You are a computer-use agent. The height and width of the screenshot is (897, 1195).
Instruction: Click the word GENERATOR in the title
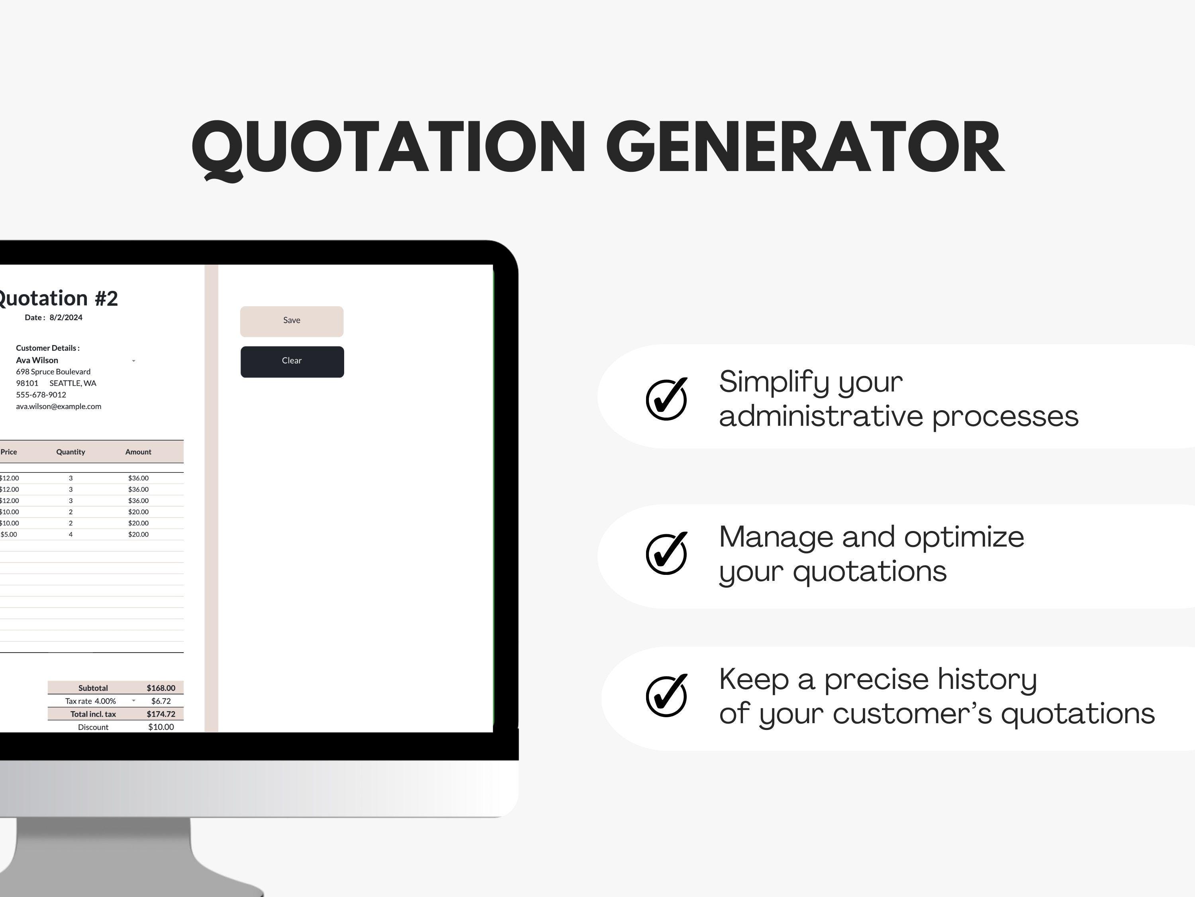805,147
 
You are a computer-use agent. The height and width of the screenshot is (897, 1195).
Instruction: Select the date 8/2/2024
66,317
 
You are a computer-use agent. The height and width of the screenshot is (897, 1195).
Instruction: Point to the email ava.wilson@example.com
58,406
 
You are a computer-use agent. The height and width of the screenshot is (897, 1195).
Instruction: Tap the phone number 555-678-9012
41,395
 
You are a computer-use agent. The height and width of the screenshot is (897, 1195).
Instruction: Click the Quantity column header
71,452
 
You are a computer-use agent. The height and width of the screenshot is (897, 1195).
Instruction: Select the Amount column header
138,452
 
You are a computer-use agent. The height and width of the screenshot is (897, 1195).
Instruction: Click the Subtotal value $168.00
161,688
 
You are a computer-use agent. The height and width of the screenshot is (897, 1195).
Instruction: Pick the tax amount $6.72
161,701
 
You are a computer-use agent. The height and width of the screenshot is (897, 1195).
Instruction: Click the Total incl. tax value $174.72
161,714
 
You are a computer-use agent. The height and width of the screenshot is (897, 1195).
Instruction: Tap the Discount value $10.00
161,727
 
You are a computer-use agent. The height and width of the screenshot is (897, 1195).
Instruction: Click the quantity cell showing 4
71,534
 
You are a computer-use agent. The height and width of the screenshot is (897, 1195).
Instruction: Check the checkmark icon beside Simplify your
667,399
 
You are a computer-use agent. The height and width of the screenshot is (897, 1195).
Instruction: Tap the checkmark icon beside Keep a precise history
667,695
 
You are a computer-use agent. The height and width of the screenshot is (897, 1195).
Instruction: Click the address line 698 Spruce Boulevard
53,372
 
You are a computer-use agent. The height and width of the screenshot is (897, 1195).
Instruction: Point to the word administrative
821,416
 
